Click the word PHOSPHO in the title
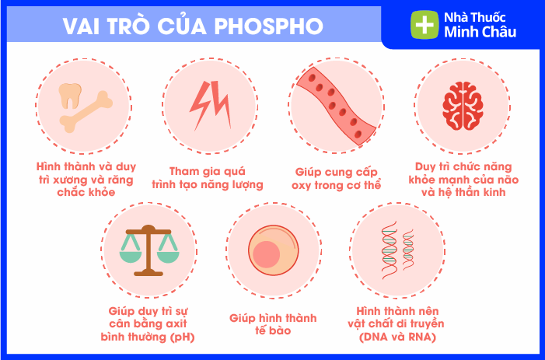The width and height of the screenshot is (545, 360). (268, 26)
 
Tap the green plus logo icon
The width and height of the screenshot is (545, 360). (424, 25)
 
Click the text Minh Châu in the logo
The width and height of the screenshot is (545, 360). (480, 33)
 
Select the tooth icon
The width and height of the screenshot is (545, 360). (70, 96)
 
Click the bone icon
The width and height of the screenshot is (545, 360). (86, 112)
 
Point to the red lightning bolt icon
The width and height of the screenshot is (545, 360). (210, 104)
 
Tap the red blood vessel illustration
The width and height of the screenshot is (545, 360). (336, 105)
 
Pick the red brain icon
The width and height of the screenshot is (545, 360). (463, 106)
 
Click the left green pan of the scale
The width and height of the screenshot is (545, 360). (131, 256)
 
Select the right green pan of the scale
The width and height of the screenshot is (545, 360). (168, 256)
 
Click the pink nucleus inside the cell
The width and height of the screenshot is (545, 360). (266, 254)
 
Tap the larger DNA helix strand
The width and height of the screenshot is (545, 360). (389, 250)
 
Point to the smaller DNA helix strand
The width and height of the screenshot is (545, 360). (408, 250)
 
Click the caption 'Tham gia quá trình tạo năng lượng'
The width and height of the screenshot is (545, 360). (208, 178)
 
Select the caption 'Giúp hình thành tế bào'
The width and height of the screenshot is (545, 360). (273, 324)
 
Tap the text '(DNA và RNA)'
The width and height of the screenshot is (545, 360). (397, 337)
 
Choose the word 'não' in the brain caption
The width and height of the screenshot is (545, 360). (508, 180)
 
